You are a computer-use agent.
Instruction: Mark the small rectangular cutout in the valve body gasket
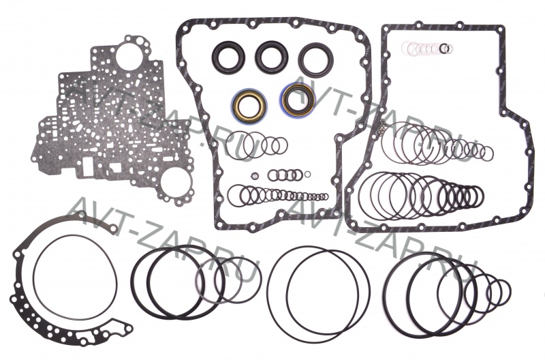87,166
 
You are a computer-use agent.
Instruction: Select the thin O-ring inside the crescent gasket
33,278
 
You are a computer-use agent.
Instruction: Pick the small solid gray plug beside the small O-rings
255,175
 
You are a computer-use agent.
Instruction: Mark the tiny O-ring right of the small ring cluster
307,175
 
